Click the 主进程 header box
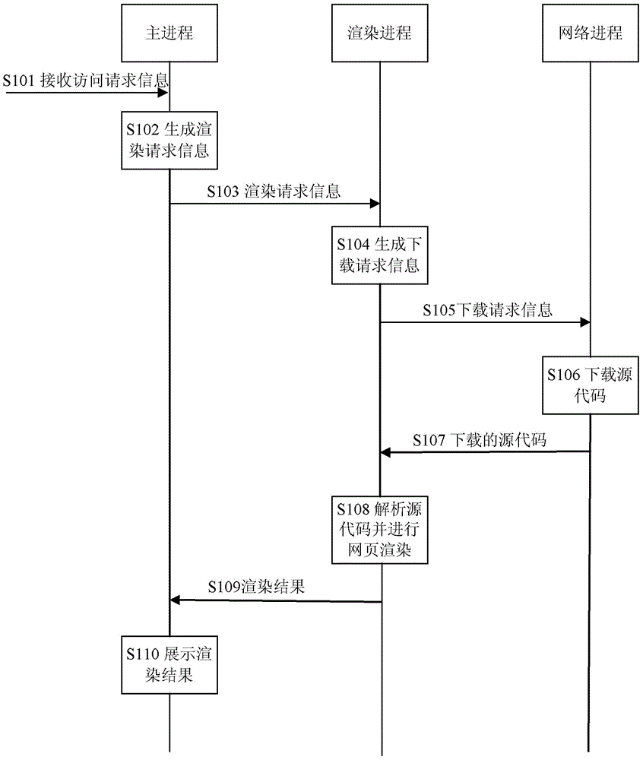(x=169, y=33)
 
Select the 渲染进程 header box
(x=379, y=33)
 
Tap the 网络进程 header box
(x=591, y=33)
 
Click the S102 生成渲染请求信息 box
(x=169, y=140)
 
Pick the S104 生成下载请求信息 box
(x=379, y=255)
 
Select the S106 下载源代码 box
(x=591, y=385)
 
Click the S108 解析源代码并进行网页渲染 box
(x=379, y=529)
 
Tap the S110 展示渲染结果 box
(x=169, y=664)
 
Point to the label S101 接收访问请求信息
(x=85, y=80)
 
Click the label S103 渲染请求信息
(x=274, y=191)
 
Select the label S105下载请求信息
(x=487, y=310)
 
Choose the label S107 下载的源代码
(x=480, y=440)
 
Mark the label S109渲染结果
(x=256, y=587)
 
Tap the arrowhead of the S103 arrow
(x=375, y=204)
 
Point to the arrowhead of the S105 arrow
(x=585, y=322)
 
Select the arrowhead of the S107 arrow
(x=385, y=452)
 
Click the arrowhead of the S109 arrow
(x=175, y=600)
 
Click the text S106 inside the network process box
(x=563, y=375)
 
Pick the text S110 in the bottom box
(x=143, y=654)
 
